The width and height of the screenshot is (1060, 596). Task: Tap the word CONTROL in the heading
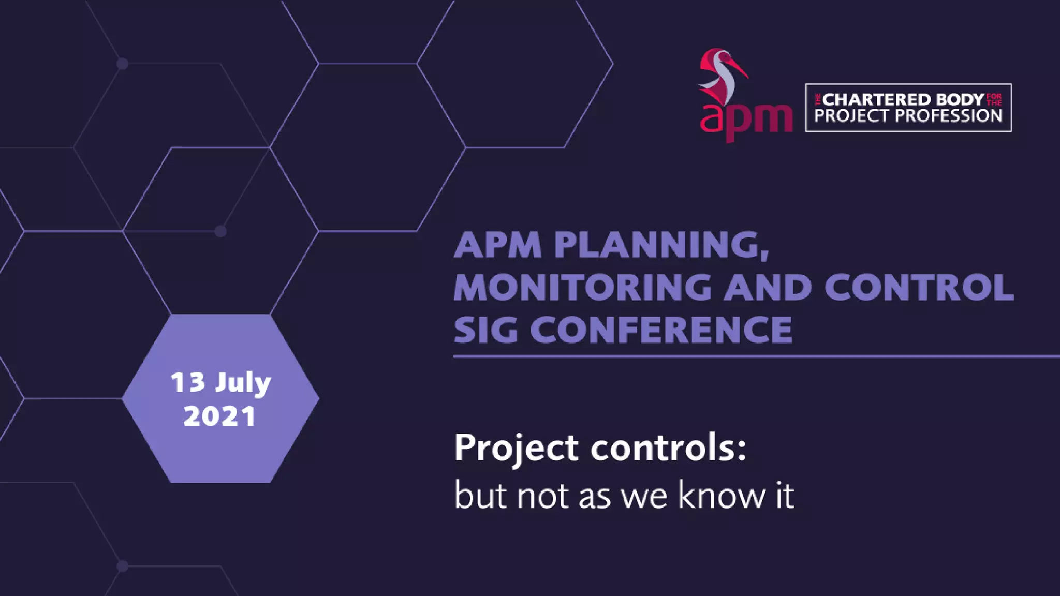point(919,287)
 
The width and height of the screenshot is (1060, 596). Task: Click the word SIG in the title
point(485,330)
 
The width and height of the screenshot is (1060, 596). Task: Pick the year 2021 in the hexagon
point(220,416)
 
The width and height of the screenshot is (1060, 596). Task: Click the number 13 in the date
point(188,382)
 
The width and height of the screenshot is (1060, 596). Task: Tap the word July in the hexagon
point(243,383)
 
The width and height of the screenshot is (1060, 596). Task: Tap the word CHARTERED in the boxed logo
point(877,99)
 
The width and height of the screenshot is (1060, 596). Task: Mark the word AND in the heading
point(767,287)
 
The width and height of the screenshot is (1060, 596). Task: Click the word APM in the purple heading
point(497,245)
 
